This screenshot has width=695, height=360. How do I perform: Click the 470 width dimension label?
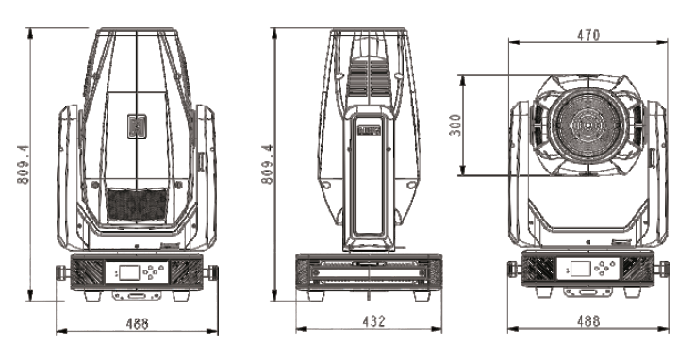click(588, 35)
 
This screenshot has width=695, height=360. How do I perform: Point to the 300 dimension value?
click(455, 125)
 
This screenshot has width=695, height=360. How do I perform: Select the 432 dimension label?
click(373, 321)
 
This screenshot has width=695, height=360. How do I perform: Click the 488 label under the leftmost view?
click(137, 323)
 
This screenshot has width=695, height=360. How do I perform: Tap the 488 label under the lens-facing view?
click(588, 320)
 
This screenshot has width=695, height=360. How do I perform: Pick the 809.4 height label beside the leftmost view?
click(23, 164)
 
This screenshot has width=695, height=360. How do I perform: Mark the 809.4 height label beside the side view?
click(267, 164)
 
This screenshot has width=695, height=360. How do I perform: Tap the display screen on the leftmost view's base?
click(129, 272)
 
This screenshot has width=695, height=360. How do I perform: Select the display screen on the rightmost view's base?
click(580, 269)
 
